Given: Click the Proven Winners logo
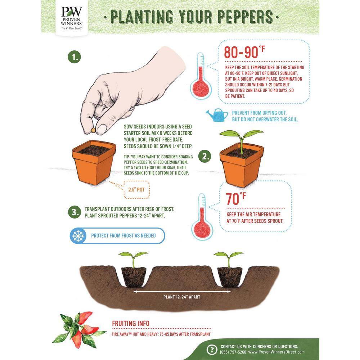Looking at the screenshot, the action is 71,18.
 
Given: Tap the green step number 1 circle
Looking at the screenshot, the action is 75,57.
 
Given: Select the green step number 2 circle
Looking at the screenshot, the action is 204,156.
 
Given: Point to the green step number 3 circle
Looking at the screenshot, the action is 75,212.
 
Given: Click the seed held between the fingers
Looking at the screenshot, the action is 93,130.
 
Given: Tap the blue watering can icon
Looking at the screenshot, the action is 217,115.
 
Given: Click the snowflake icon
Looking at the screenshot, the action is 78,235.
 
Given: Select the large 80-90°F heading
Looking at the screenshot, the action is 244,52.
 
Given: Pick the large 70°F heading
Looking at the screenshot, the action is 235,199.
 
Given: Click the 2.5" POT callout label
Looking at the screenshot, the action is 136,190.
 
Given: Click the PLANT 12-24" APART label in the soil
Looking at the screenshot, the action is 182,297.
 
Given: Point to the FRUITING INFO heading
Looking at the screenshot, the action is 131,324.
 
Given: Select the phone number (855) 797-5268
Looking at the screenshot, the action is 233,352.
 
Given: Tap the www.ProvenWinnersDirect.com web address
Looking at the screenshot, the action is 276,352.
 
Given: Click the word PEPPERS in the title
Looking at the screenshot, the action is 245,17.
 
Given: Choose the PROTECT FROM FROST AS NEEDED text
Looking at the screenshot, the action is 123,235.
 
